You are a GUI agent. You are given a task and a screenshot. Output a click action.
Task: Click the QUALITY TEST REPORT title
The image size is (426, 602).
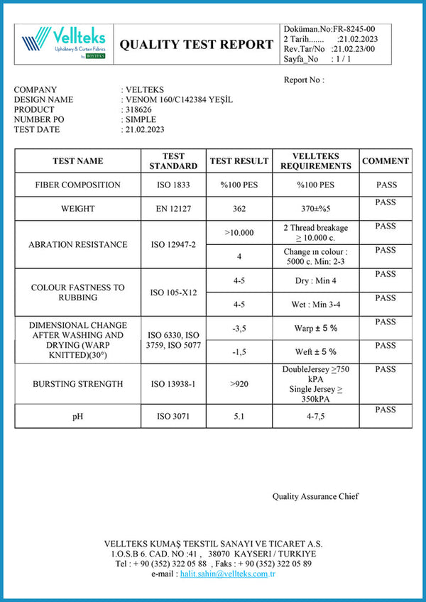tap(196, 44)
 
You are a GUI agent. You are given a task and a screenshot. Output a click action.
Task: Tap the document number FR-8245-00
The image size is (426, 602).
tap(351, 28)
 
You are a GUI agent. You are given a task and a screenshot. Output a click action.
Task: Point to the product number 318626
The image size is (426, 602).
tap(141, 110)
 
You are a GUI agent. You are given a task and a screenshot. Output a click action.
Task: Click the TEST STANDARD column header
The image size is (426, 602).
tap(173, 161)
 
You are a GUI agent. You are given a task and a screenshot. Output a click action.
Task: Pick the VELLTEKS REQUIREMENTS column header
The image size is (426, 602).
tap(315, 161)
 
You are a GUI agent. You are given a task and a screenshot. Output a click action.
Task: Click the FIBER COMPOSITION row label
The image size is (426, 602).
tap(78, 185)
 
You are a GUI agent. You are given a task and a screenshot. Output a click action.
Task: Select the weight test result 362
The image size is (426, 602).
tap(239, 209)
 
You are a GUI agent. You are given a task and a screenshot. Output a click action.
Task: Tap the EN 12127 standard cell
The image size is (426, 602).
tap(173, 209)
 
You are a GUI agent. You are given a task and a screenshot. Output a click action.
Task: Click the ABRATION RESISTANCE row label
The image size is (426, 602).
tap(78, 244)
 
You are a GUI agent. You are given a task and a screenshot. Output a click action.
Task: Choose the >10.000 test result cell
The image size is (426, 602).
tap(239, 232)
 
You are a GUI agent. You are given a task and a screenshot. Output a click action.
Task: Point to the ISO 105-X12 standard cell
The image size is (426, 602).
tap(173, 292)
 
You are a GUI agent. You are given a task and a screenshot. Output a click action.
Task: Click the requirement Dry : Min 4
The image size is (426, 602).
tap(315, 280)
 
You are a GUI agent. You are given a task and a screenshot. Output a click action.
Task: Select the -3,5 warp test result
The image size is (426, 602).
tap(239, 329)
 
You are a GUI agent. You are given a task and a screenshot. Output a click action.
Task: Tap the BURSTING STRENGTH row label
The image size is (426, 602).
tap(78, 384)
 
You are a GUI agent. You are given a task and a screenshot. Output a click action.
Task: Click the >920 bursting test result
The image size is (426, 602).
tap(239, 384)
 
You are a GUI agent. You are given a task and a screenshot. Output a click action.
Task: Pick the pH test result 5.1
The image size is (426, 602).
tap(239, 416)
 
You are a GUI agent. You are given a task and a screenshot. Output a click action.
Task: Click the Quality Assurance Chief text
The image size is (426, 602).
tap(316, 496)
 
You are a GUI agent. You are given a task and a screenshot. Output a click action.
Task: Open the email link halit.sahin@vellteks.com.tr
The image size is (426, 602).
tap(227, 574)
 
